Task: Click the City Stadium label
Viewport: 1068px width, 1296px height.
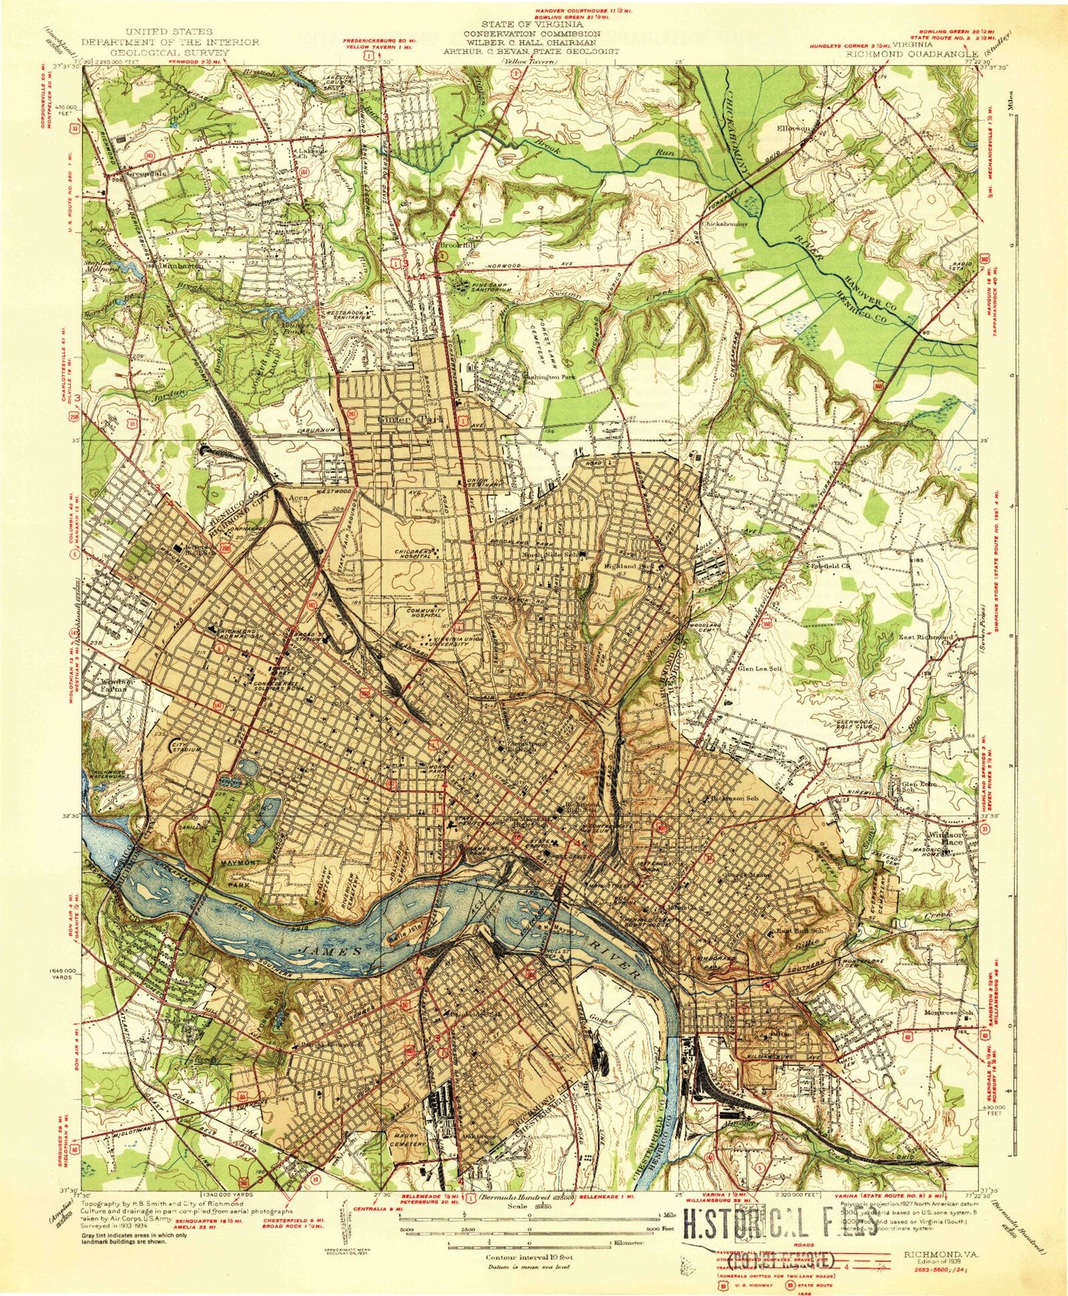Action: click(183, 746)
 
